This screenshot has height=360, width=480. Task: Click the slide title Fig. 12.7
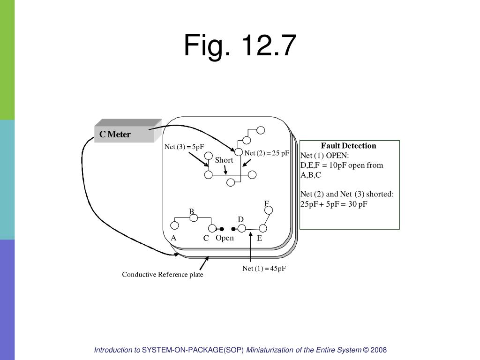[240, 46]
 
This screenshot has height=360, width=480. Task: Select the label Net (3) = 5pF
[184, 147]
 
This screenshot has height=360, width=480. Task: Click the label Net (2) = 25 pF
[267, 153]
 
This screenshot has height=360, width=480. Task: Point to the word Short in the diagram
[224, 160]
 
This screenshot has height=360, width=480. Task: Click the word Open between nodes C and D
[225, 238]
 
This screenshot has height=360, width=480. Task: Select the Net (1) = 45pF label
[264, 269]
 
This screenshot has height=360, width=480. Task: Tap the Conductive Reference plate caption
[163, 274]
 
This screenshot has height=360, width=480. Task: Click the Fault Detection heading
[348, 145]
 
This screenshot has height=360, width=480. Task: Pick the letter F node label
[266, 203]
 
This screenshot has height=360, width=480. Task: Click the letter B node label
[191, 211]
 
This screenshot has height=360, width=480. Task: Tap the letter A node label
[173, 238]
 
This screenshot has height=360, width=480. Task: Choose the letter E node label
[259, 238]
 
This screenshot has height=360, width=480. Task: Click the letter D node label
[240, 219]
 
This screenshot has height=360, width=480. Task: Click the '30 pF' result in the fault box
[358, 204]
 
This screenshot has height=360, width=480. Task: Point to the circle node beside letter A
[175, 225]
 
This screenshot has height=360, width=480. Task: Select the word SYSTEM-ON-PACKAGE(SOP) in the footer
[193, 350]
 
